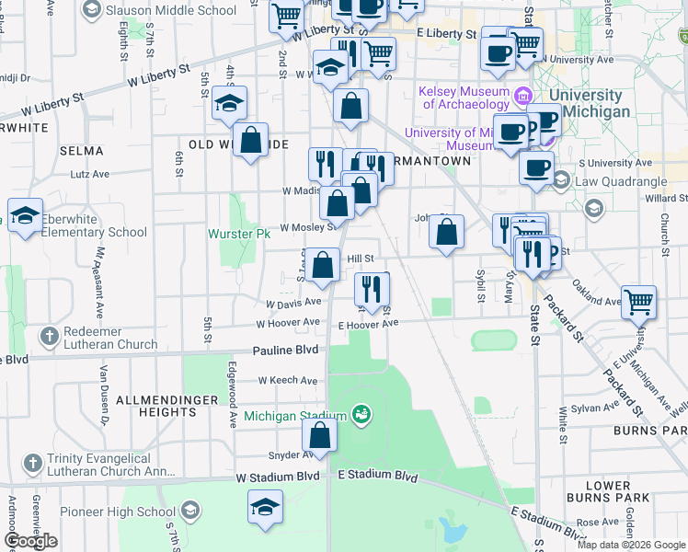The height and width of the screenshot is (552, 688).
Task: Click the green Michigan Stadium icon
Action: point(362,415)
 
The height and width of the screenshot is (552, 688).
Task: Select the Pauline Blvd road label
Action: point(285,351)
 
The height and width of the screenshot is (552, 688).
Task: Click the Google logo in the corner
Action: point(31,541)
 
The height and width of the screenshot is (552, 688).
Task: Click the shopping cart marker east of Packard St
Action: point(637,301)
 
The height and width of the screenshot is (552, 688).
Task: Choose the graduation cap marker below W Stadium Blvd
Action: point(266,507)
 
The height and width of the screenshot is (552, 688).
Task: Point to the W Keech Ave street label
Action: point(288,380)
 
